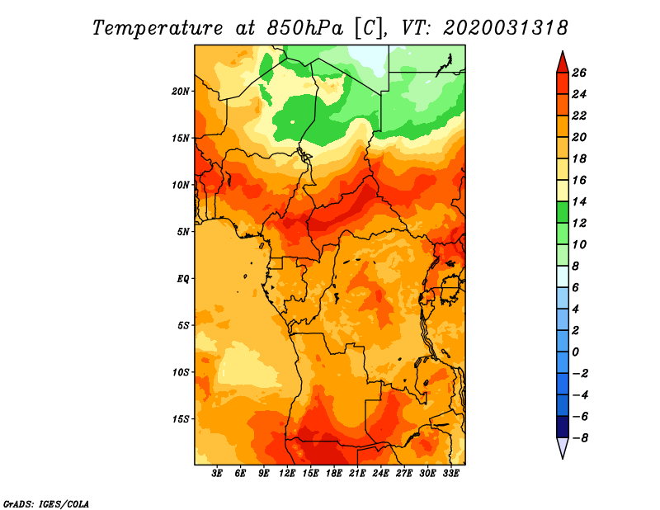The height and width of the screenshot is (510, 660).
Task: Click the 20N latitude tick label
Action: (180, 91)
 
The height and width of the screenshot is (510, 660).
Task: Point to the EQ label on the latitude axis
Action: (182, 279)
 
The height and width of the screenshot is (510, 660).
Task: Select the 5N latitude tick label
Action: (183, 232)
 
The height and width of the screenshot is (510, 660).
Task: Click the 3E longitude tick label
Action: (217, 474)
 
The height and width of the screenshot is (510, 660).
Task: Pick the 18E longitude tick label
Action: (334, 474)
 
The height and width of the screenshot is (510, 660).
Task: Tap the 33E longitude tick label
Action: (450, 474)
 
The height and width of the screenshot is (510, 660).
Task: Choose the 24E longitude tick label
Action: (380, 474)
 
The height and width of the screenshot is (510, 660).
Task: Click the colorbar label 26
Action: (579, 73)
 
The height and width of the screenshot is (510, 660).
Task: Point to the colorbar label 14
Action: (579, 201)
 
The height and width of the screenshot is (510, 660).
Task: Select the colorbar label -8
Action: (580, 438)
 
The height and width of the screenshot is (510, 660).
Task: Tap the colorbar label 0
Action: (575, 352)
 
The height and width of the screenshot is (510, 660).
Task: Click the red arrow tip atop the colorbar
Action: (563, 52)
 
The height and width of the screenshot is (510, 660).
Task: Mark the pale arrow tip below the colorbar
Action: (563, 457)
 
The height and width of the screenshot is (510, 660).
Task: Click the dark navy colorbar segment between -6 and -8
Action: (563, 427)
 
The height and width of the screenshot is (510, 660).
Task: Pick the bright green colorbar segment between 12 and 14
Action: (563, 212)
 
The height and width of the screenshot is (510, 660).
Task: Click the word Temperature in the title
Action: (157, 28)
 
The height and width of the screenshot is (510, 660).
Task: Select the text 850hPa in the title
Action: (304, 28)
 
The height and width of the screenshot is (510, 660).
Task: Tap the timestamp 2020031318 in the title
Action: (506, 28)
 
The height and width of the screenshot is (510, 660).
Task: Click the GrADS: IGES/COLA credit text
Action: (46, 503)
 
